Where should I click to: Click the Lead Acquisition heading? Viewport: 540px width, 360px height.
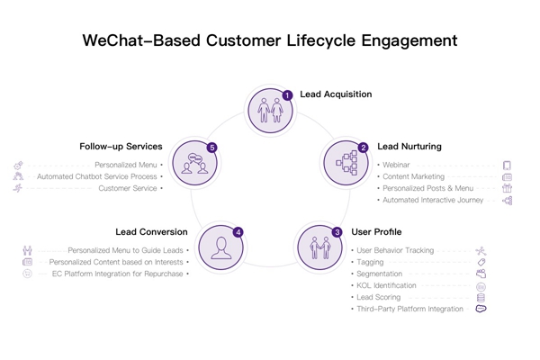336,94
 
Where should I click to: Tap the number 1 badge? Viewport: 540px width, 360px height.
288,94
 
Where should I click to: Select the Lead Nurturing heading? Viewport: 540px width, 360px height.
409,146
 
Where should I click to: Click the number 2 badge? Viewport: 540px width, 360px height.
364,147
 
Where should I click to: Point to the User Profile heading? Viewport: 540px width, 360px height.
376,231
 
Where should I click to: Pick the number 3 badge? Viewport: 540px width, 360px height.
337,232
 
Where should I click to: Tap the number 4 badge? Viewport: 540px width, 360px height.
238,232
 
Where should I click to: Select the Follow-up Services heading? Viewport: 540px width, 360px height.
121,146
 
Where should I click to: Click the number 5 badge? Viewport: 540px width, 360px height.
212,147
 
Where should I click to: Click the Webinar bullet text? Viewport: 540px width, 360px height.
396,166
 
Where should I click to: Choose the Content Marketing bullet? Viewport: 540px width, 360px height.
413,177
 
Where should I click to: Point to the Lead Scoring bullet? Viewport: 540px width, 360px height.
378,297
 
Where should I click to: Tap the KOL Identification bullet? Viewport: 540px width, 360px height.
386,285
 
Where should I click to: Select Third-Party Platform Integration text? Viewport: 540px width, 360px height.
409,309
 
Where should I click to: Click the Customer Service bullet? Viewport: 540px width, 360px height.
128,189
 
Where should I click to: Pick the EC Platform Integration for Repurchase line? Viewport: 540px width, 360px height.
117,274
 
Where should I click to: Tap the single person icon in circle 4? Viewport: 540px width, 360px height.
220,246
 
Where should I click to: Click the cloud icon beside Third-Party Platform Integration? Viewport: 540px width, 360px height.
481,309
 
